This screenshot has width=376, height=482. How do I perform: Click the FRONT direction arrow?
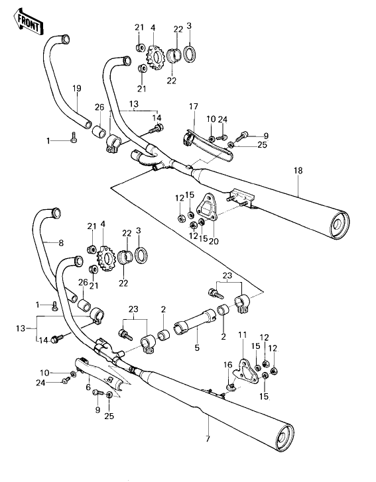click(29, 23)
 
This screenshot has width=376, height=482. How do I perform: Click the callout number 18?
click(298, 171)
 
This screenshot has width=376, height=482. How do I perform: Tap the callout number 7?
click(208, 439)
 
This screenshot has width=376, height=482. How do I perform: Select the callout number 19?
click(77, 89)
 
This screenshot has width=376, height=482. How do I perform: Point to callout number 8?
click(61, 243)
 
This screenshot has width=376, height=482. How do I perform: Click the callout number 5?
click(197, 348)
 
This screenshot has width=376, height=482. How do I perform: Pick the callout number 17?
click(194, 107)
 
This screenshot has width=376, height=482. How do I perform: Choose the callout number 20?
click(214, 241)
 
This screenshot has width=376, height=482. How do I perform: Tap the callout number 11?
click(243, 334)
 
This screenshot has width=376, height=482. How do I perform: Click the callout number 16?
click(228, 365)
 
